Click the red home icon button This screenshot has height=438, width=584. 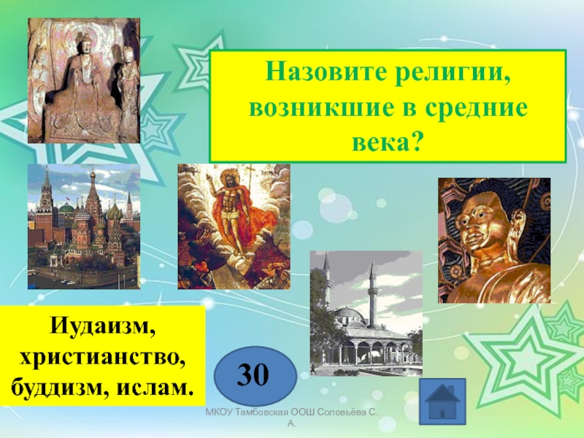tap(443, 401)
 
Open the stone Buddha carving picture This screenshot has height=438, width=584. tap(84, 80)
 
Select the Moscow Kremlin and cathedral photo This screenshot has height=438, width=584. tap(84, 226)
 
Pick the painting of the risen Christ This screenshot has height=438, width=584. tap(234, 226)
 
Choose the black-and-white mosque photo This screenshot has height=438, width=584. tap(366, 313)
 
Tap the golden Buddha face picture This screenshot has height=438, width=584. tap(493, 241)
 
